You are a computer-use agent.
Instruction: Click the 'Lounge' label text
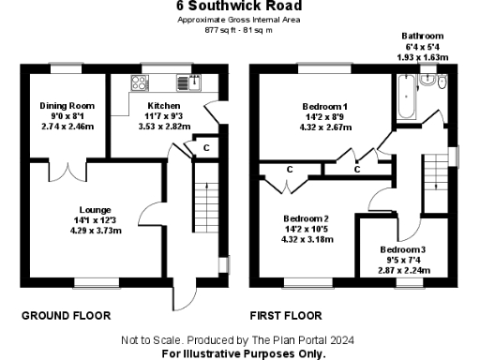click(x=96, y=209)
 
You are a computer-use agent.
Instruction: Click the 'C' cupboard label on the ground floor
click(x=204, y=147)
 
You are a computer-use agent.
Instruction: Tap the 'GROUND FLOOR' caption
click(x=66, y=316)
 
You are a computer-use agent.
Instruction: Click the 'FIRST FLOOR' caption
click(x=286, y=316)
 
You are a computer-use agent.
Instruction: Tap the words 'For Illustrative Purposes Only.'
click(x=244, y=353)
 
